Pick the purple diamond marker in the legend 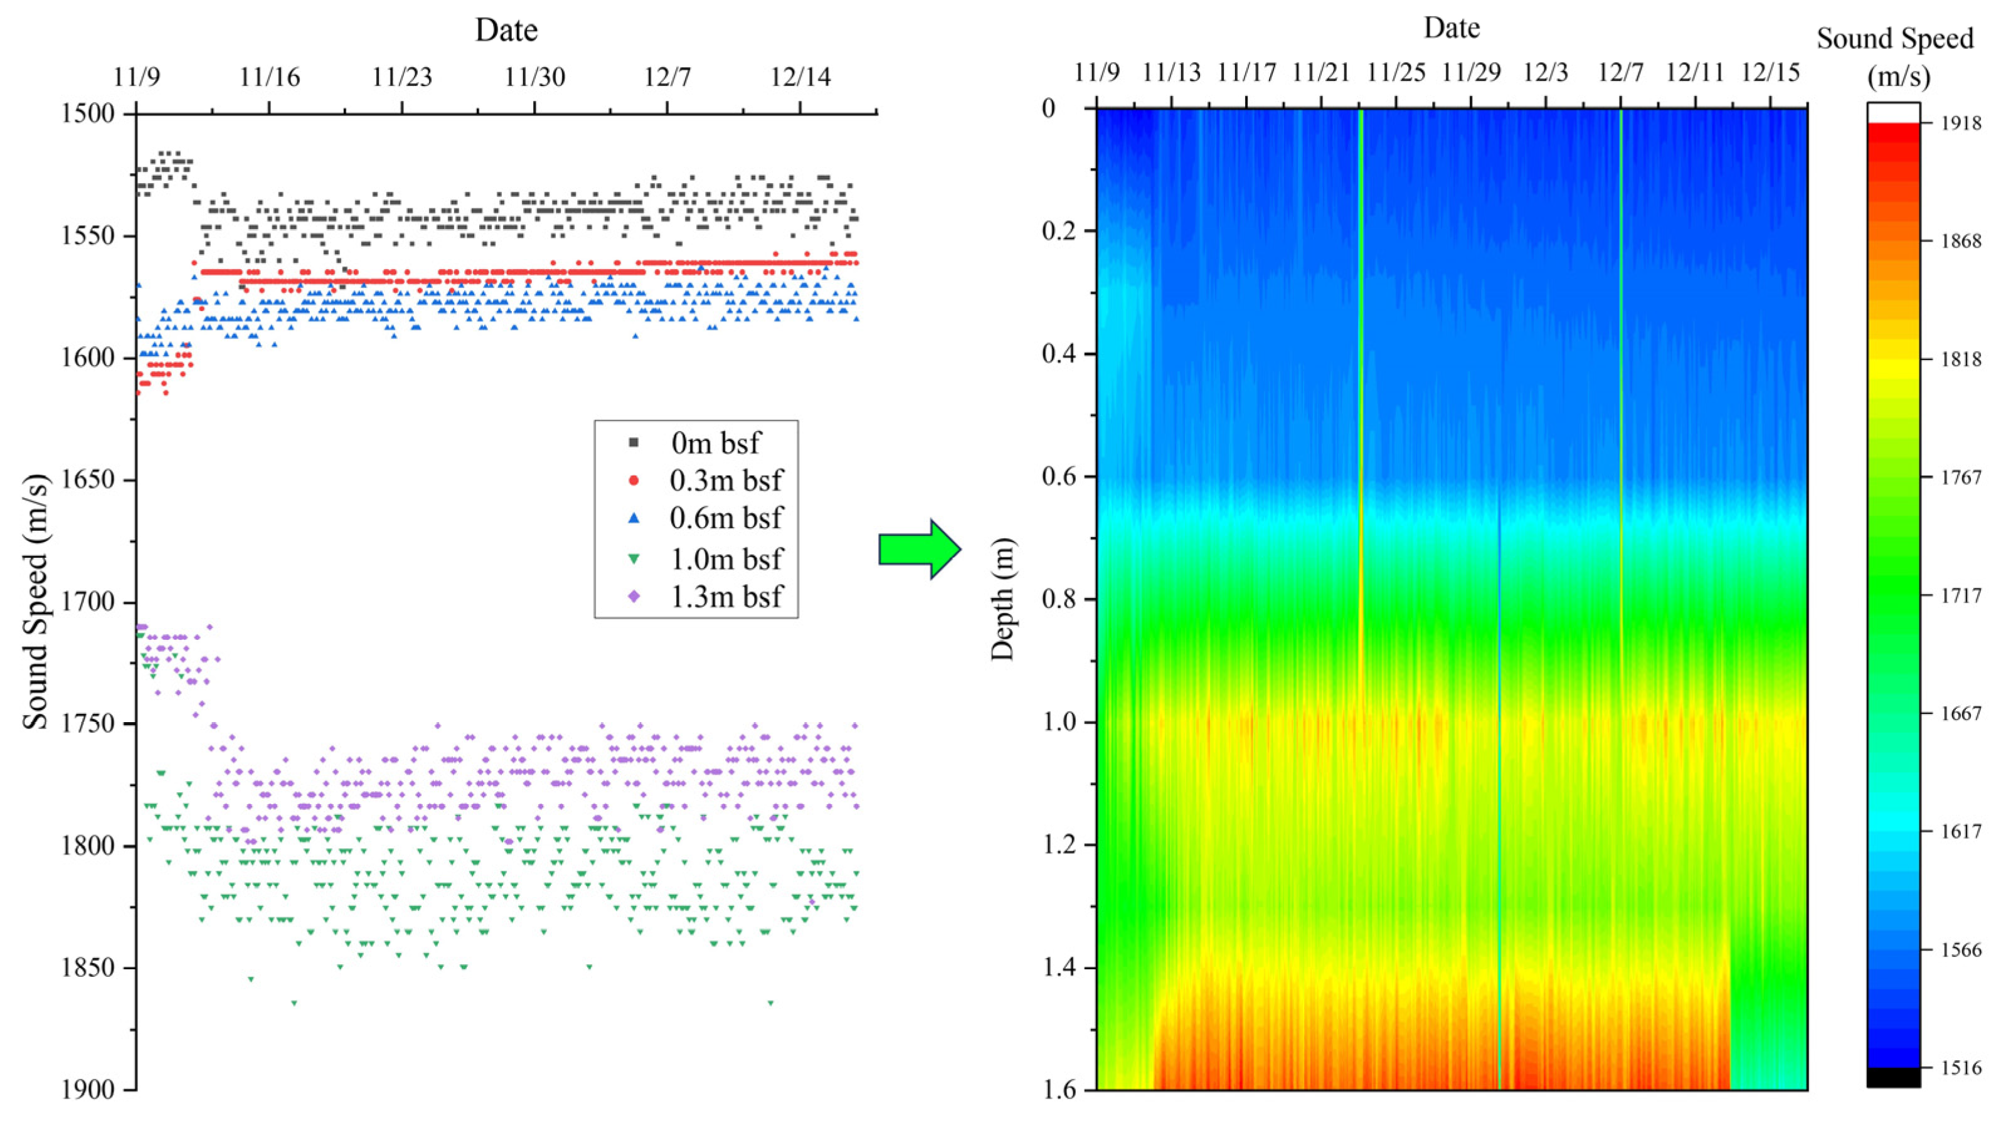pos(634,596)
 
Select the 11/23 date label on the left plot pos(401,77)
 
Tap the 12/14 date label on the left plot pos(800,77)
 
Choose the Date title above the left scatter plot pos(506,30)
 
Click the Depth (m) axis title pos(1002,599)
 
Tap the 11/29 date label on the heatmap pos(1471,73)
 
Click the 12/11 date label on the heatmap pos(1696,73)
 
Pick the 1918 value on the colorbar pos(1960,123)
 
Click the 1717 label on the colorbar pos(1960,595)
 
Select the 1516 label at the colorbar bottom pos(1960,1068)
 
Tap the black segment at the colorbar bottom pos(1893,1077)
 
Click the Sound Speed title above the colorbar pos(1894,39)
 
